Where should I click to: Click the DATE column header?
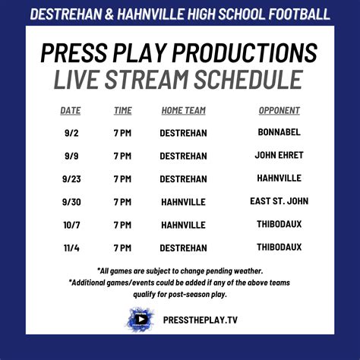click(x=71, y=111)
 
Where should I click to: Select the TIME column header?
click(x=123, y=111)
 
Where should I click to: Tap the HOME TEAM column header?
click(x=184, y=111)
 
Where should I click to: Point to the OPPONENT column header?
click(x=279, y=111)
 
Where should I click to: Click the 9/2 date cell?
click(x=71, y=133)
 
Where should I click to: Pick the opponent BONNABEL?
click(x=279, y=132)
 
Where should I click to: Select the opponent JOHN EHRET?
click(x=279, y=155)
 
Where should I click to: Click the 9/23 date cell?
click(x=71, y=179)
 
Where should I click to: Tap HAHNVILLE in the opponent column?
click(x=279, y=178)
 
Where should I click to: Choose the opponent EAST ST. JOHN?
click(x=279, y=201)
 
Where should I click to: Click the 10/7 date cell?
click(x=71, y=225)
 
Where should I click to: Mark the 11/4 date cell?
click(x=71, y=248)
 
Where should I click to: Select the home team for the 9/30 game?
click(x=184, y=202)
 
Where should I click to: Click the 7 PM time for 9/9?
click(x=122, y=156)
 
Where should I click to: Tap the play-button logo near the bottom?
click(x=140, y=319)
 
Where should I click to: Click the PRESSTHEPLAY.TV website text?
click(x=201, y=320)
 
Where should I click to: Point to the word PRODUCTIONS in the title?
click(x=245, y=52)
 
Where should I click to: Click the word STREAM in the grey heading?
click(x=147, y=79)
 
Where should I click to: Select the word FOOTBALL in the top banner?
click(x=299, y=14)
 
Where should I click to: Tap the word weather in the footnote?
click(x=248, y=271)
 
